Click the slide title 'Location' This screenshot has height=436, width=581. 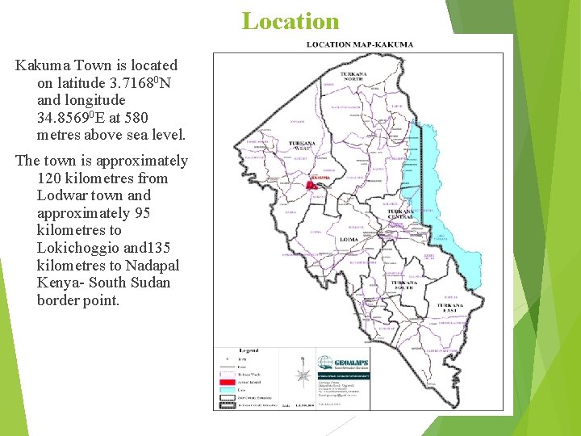pyautogui.click(x=290, y=20)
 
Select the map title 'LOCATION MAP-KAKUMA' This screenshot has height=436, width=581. pyautogui.click(x=360, y=44)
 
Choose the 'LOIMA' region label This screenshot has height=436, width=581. pyautogui.click(x=349, y=240)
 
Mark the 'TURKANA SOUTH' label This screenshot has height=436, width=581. pyautogui.click(x=403, y=285)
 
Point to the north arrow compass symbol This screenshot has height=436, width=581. pyautogui.click(x=303, y=373)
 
